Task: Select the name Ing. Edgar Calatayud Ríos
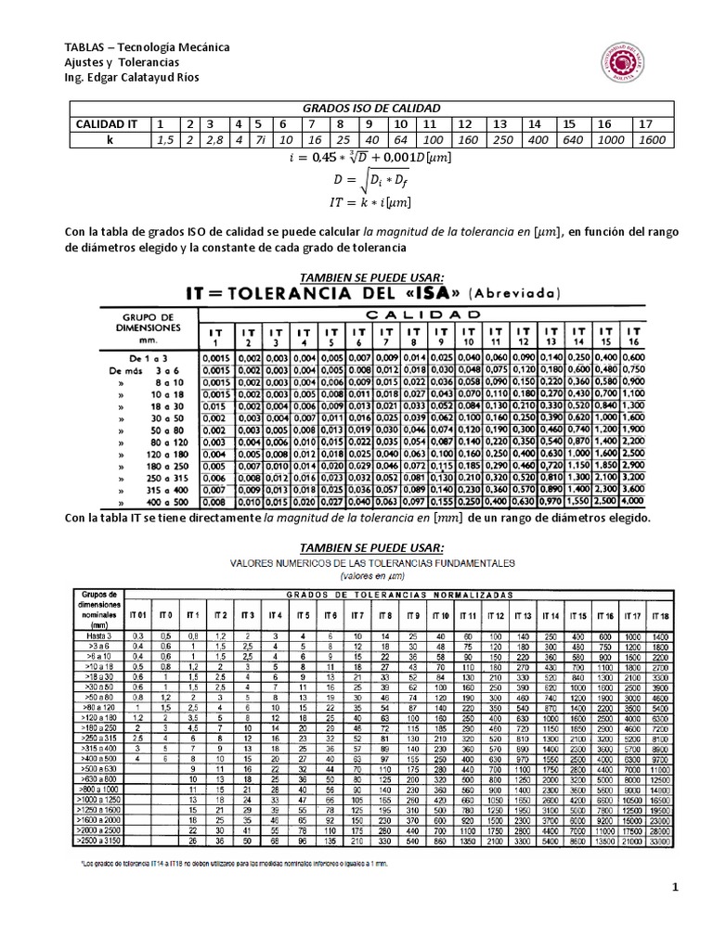tap(130, 77)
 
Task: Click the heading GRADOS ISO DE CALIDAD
tap(365, 108)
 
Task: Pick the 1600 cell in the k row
tap(653, 139)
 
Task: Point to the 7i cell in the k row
tap(261, 139)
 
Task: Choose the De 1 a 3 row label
tap(149, 355)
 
